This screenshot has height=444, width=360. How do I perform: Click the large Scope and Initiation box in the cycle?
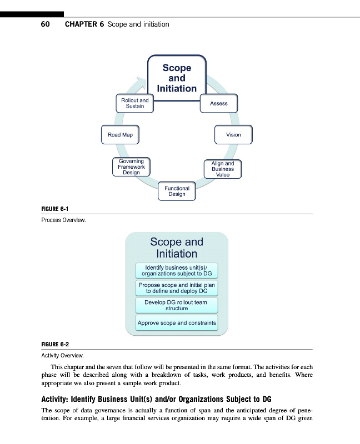(177, 78)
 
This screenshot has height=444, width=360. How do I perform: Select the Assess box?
(214, 103)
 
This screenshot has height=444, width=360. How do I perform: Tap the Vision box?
(233, 135)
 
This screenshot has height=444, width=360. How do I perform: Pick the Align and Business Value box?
(223, 169)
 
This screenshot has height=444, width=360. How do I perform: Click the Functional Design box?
(177, 191)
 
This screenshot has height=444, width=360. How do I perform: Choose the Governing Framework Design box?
(131, 167)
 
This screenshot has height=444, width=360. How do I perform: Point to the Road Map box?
(120, 135)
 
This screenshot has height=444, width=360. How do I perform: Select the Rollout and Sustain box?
(135, 103)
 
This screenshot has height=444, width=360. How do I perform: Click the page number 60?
(46, 24)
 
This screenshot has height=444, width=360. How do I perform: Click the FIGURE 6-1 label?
(55, 209)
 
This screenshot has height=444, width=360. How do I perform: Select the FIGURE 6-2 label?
(55, 344)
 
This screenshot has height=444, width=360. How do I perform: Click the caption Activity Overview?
(62, 355)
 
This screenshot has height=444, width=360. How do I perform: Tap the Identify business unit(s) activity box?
(177, 271)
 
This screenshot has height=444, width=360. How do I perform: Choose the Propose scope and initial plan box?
(177, 288)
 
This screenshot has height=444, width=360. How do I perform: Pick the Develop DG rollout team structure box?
(177, 305)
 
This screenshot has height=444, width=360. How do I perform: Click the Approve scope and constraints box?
(177, 322)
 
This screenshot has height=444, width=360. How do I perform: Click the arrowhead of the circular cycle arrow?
(140, 83)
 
